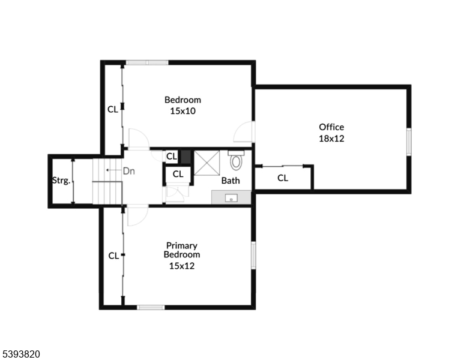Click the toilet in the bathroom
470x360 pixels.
[236, 161]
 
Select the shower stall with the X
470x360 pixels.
[206, 163]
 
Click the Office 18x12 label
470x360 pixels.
[331, 133]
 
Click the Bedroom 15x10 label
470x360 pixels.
[182, 105]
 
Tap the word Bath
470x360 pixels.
[230, 180]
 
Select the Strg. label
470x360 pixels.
[61, 180]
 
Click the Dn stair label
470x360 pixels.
[128, 170]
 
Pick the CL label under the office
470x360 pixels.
[283, 178]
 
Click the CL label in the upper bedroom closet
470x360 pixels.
[112, 109]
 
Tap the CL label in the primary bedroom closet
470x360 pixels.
[113, 256]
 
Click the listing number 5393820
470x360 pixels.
[20, 354]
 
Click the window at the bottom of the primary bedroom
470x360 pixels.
[151, 307]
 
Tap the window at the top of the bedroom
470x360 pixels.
[146, 62]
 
